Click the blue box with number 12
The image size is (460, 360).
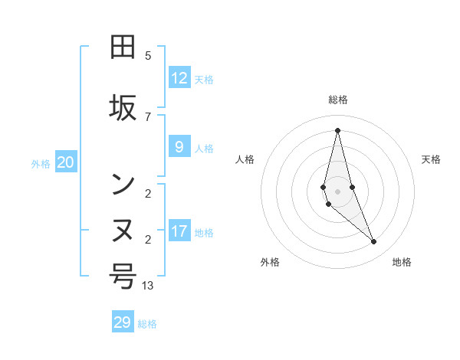click(x=179, y=78)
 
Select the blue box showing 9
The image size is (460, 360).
click(x=179, y=147)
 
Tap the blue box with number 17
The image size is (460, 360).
click(x=179, y=231)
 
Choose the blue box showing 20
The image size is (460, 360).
click(x=66, y=162)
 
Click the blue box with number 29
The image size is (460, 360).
click(x=123, y=322)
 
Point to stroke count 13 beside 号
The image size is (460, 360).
click(x=148, y=285)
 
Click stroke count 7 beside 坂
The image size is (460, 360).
click(x=148, y=116)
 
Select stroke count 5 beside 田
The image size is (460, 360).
click(x=148, y=55)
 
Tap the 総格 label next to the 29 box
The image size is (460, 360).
click(x=147, y=324)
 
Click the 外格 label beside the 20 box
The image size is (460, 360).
click(x=41, y=163)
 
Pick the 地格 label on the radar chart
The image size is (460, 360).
click(x=402, y=262)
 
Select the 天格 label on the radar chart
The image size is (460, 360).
click(x=431, y=159)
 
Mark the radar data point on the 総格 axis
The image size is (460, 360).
click(x=337, y=130)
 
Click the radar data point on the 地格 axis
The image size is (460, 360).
click(x=374, y=242)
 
